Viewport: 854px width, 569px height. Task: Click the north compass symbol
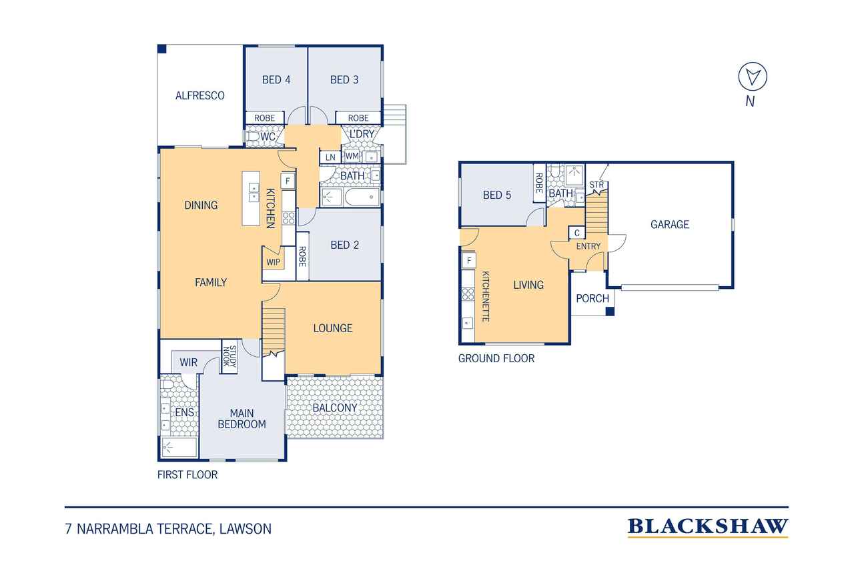click(752, 77)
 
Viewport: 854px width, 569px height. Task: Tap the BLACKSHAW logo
click(708, 528)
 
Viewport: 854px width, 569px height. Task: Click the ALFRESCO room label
click(199, 95)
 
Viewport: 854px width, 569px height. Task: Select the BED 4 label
click(276, 79)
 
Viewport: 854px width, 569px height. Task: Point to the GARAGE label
click(669, 225)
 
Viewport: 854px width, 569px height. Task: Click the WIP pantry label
click(273, 262)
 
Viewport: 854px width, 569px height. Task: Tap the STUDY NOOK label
click(230, 356)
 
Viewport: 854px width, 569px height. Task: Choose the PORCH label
click(592, 298)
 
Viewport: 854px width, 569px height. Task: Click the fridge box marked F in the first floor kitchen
click(288, 181)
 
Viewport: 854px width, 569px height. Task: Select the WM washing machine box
click(352, 156)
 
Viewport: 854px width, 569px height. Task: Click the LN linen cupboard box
click(330, 157)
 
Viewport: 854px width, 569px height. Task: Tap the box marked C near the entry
click(577, 233)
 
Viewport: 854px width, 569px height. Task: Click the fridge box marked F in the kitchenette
click(469, 261)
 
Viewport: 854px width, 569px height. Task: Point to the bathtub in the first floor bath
click(362, 197)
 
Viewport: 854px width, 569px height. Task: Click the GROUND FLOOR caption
click(496, 358)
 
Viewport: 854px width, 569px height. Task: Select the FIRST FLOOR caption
click(187, 474)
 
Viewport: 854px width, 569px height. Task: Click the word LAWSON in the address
click(245, 529)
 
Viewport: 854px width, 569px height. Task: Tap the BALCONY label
click(335, 408)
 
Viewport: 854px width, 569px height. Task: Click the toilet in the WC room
click(252, 137)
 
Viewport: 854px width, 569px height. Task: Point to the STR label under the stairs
click(596, 185)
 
